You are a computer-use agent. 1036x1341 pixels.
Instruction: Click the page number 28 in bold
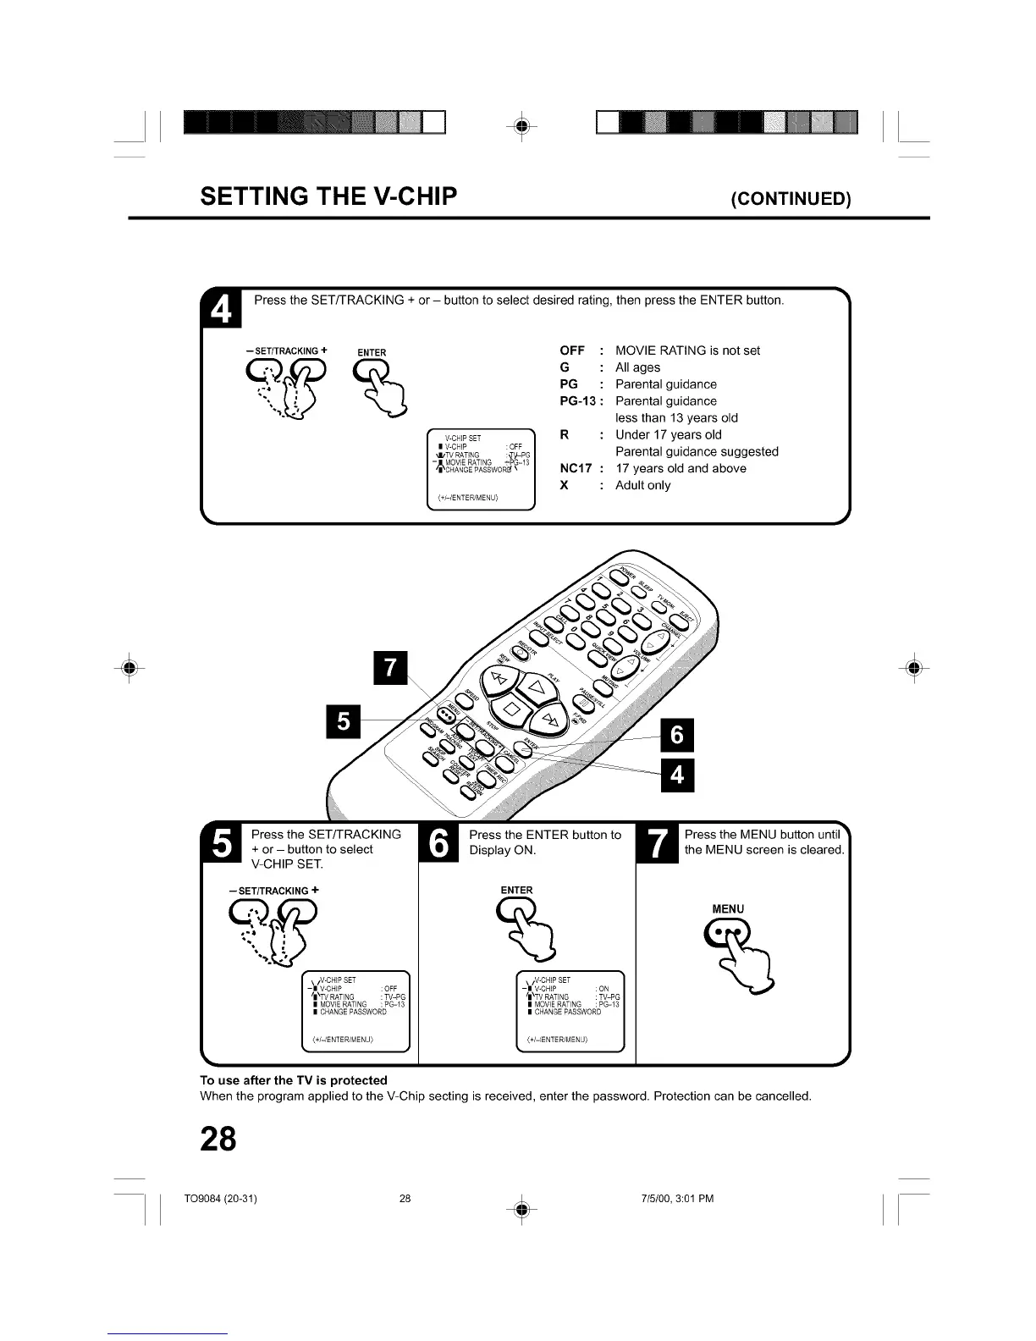[x=218, y=1139]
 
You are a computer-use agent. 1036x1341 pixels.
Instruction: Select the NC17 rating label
[x=576, y=468]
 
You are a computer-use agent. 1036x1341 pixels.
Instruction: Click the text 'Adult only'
[x=642, y=485]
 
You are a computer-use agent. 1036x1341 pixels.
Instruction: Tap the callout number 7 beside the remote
[x=390, y=666]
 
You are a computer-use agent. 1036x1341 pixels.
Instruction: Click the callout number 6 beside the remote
[x=676, y=735]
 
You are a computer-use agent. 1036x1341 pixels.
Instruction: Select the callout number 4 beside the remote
[x=676, y=775]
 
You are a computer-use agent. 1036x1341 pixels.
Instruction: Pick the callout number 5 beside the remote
[x=343, y=720]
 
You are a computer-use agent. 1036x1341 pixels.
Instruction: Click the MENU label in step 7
[x=728, y=908]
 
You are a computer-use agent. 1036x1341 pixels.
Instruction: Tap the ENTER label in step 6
[x=516, y=890]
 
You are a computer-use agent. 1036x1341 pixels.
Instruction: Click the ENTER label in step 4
[x=372, y=352]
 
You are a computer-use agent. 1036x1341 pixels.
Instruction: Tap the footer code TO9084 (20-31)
[x=220, y=1198]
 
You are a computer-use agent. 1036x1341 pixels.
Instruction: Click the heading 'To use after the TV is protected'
[x=293, y=1079]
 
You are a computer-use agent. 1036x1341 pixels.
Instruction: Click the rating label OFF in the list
[x=572, y=350]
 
